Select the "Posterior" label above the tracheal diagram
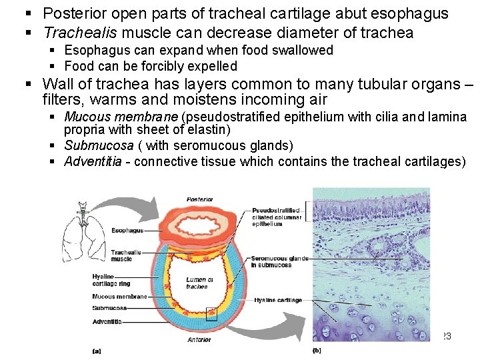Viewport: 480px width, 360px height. (x=200, y=199)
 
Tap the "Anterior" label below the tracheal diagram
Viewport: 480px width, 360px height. (x=199, y=339)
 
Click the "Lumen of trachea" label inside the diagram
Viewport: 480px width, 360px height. (x=197, y=283)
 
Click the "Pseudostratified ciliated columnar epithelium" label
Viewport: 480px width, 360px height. (x=276, y=217)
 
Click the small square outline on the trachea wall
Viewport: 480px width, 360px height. (x=211, y=313)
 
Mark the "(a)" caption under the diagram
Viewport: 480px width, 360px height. (x=97, y=350)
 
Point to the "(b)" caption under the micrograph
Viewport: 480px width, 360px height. (x=317, y=350)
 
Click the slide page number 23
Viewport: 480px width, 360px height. (x=446, y=337)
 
